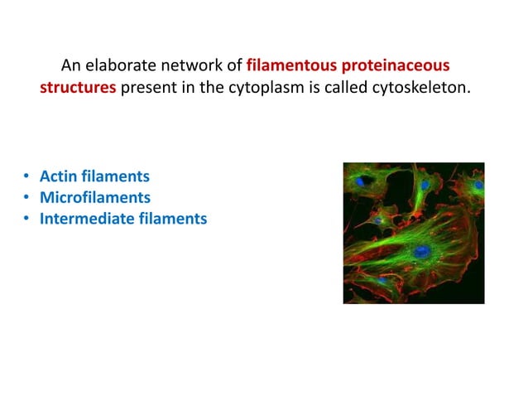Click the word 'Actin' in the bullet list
(x=58, y=176)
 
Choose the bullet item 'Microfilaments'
(x=95, y=198)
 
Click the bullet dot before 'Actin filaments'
(x=26, y=177)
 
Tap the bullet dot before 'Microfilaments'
(x=26, y=199)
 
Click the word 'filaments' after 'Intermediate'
(x=172, y=220)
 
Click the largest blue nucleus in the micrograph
(x=422, y=250)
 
